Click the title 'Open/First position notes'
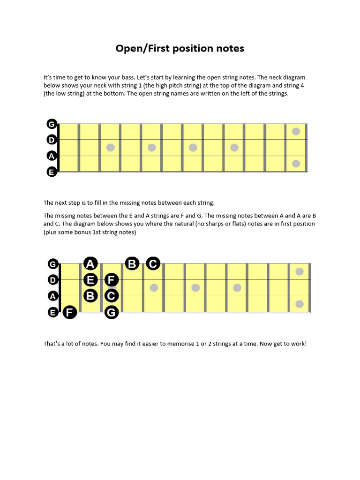coord(180,48)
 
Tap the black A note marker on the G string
coord(90,264)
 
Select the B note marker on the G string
coord(132,264)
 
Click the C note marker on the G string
coord(153,264)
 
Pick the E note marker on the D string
coord(90,280)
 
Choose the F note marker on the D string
coord(111,280)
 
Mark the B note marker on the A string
coord(90,296)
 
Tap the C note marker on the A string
coord(111,296)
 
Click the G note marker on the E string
coord(111,312)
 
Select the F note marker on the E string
coord(70,312)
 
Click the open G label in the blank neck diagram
coord(52,124)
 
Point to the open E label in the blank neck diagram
coord(52,172)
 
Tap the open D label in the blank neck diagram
coord(52,140)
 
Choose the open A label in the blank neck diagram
coord(52,156)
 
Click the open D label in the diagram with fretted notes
coord(53,280)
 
